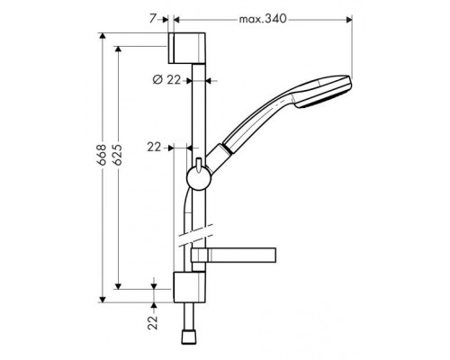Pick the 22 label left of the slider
point(153,145)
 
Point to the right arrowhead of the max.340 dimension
point(347,18)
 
